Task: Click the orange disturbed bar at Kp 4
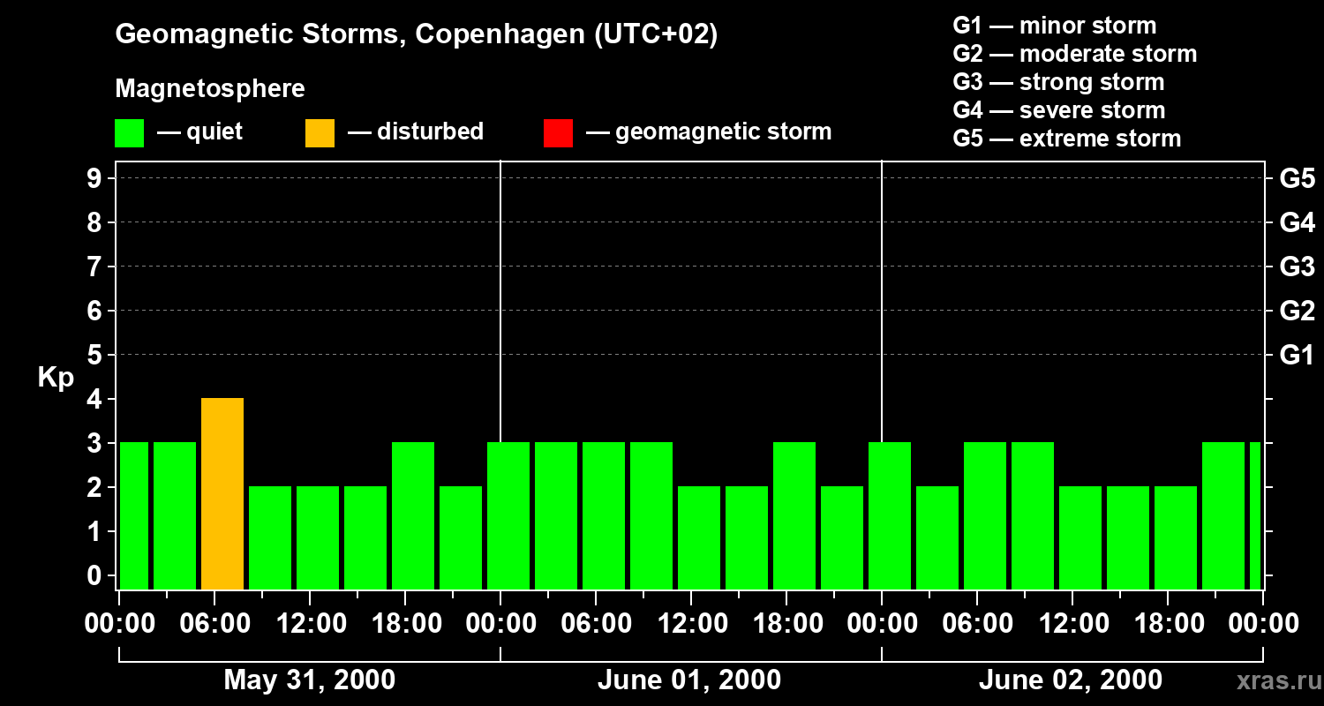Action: (222, 493)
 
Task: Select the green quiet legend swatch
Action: (129, 132)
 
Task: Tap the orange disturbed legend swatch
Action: (320, 132)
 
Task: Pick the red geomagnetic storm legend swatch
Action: (558, 132)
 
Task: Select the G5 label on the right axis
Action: (1297, 179)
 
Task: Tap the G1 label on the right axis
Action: (1297, 356)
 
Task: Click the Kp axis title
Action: (56, 378)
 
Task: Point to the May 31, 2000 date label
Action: (309, 680)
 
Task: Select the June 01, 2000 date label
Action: (688, 680)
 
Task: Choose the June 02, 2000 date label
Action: (1070, 680)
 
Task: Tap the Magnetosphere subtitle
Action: (210, 89)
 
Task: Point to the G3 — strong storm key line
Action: (1058, 82)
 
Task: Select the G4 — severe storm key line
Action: (1058, 110)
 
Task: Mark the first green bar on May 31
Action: (134, 515)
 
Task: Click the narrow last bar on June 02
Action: (1255, 515)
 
